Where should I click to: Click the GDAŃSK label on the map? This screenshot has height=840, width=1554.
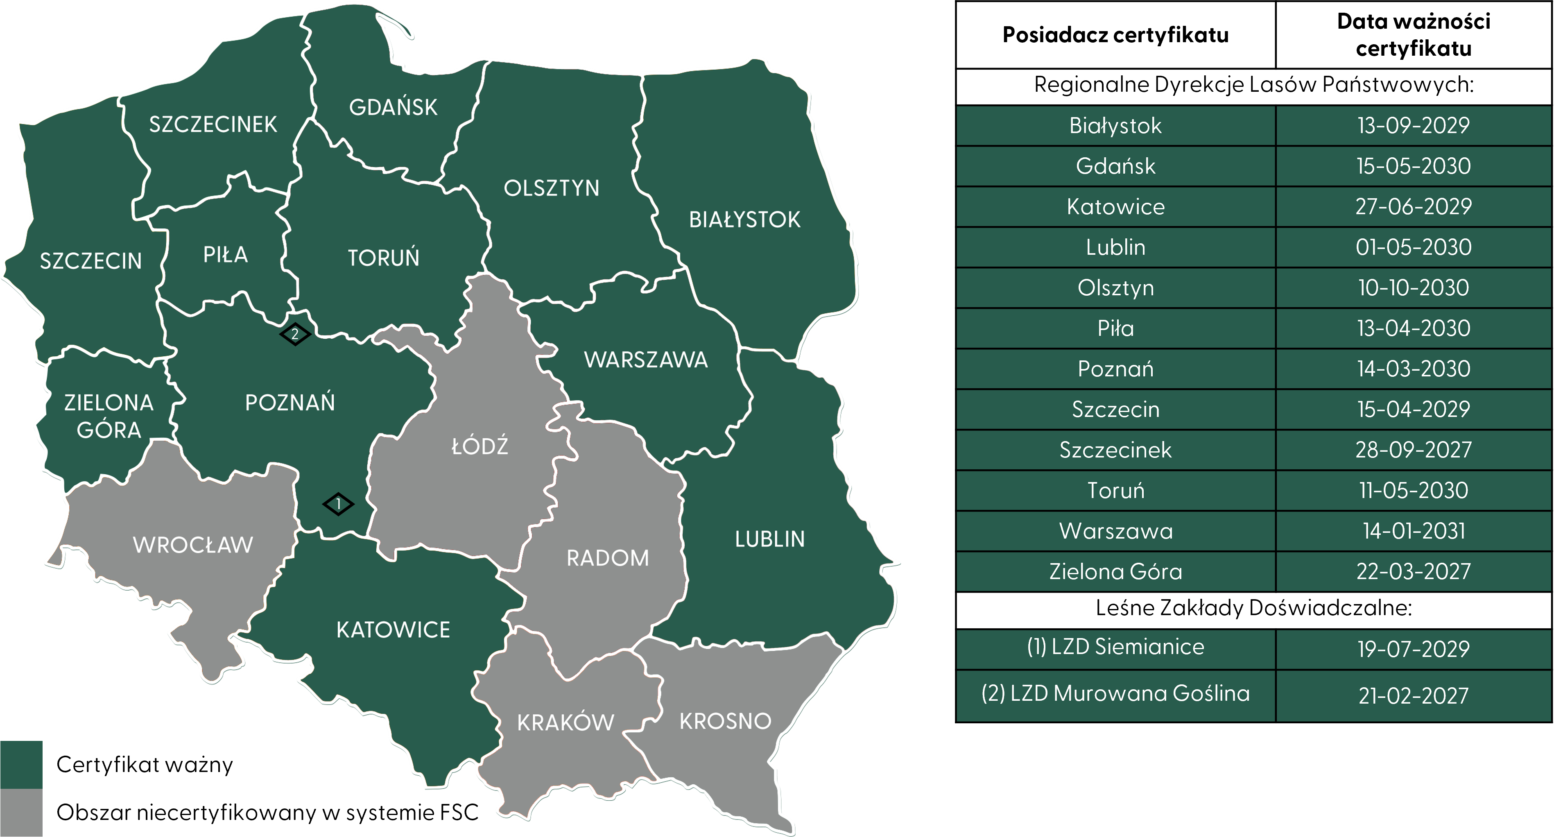tap(393, 107)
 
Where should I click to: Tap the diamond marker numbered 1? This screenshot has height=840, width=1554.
tap(338, 503)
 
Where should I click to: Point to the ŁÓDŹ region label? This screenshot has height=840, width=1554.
tap(480, 446)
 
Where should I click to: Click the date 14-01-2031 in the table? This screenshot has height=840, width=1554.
tap(1414, 531)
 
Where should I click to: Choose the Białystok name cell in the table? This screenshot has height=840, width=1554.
tap(1115, 125)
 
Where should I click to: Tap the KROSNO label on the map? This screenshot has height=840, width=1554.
tap(725, 721)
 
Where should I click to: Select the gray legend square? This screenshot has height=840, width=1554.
tap(21, 812)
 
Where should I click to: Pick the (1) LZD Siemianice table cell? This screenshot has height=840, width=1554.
tap(1115, 648)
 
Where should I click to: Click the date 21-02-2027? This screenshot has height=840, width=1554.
tap(1414, 696)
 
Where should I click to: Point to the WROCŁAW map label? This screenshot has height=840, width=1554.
tap(193, 545)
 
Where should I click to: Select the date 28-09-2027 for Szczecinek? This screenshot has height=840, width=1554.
tap(1414, 450)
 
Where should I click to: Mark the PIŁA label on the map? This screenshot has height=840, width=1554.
tap(226, 255)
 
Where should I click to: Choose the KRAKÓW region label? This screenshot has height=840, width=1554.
tap(565, 722)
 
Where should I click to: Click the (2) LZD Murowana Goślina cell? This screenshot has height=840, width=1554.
tap(1115, 694)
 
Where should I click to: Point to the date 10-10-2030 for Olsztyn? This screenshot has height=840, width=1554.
tap(1414, 288)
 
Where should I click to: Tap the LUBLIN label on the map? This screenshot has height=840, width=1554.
tap(770, 539)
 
